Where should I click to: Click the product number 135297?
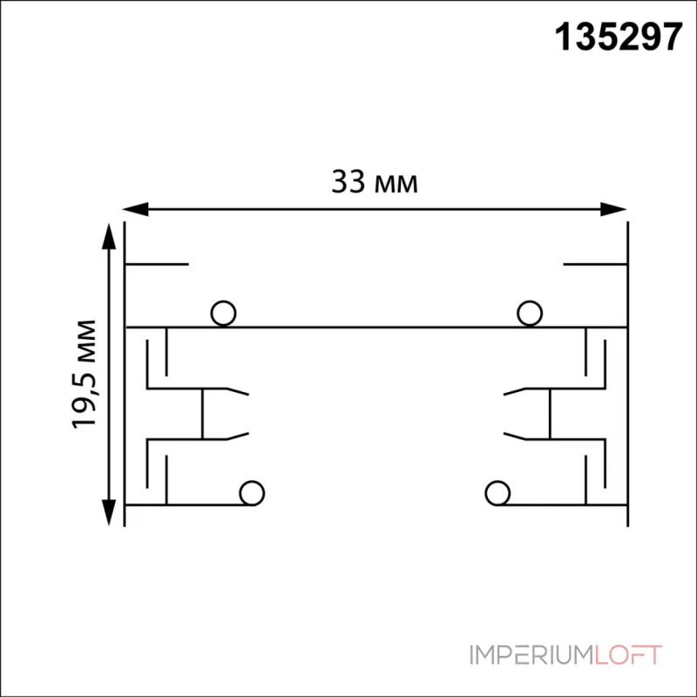click(x=619, y=37)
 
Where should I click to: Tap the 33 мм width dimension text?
click(x=375, y=182)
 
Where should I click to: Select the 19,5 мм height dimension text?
click(x=84, y=374)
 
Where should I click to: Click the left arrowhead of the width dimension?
click(x=136, y=209)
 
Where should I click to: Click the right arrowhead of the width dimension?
click(x=613, y=209)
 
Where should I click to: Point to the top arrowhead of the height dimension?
click(x=109, y=236)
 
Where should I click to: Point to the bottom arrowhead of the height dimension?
click(x=109, y=512)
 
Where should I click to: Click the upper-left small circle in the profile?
click(x=223, y=314)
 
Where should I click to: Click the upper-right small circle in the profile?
click(x=530, y=314)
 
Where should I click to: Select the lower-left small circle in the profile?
click(x=252, y=493)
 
